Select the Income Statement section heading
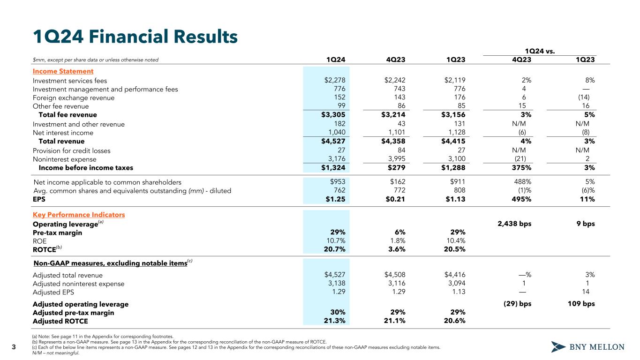63,71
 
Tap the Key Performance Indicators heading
79,215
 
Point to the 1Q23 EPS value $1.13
454,199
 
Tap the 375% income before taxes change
521,168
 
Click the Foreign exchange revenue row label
74,98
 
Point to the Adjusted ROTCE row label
60,321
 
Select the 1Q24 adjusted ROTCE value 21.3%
335,321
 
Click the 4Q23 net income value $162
397,181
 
